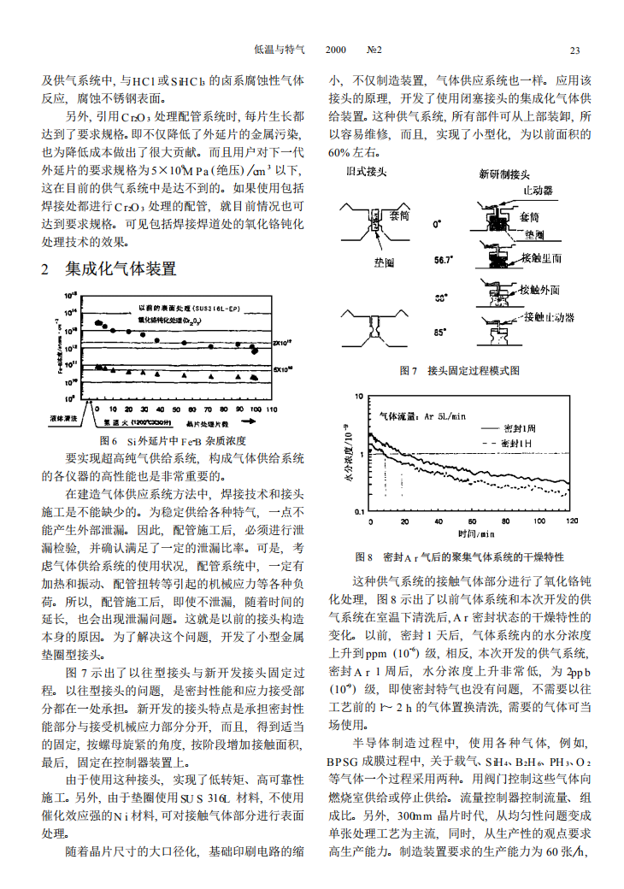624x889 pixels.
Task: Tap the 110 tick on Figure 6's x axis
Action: (x=272, y=409)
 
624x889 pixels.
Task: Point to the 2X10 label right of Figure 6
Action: (x=282, y=343)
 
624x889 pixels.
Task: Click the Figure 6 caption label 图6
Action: (x=107, y=441)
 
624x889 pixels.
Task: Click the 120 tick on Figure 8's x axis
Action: (x=571, y=520)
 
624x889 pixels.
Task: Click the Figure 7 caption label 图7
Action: (x=408, y=370)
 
